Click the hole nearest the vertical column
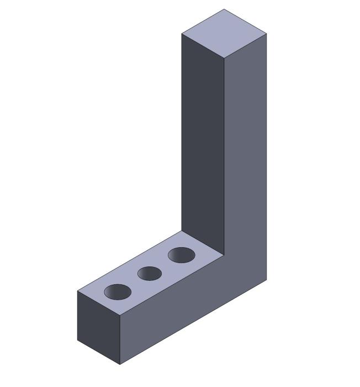(182, 255)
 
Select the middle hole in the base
(149, 273)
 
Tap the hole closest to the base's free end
(118, 292)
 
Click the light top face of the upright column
(224, 34)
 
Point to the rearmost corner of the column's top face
(224, 9)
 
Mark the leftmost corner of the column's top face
(182, 34)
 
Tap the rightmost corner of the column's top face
(267, 34)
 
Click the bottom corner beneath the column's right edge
(267, 280)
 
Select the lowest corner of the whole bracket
(120, 365)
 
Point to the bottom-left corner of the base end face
(77, 340)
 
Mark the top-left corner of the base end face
(77, 291)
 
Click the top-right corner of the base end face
(120, 316)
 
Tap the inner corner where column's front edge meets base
(224, 255)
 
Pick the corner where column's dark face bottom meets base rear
(182, 231)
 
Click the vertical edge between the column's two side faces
(224, 155)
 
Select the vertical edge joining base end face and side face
(120, 340)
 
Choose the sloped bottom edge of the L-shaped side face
(193, 322)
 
